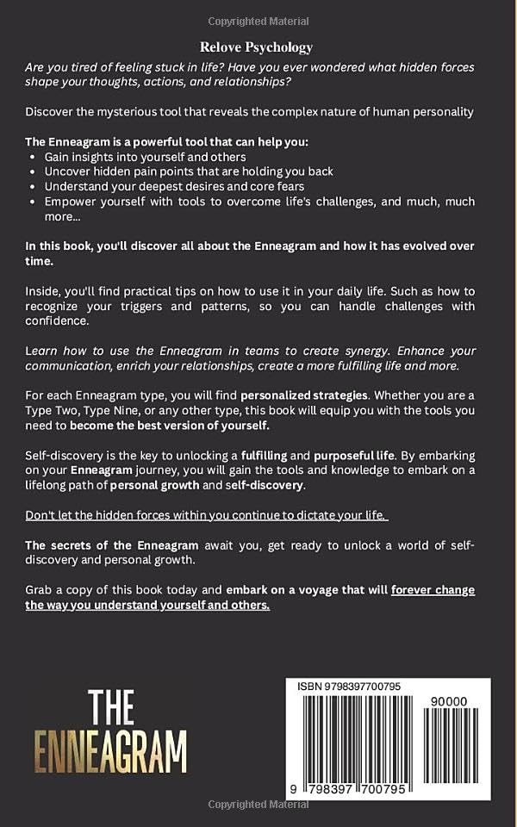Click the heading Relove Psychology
click(258, 47)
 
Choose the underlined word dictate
click(323, 515)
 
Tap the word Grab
click(40, 590)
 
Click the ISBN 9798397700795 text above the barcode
click(348, 687)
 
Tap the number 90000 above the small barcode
click(448, 701)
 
